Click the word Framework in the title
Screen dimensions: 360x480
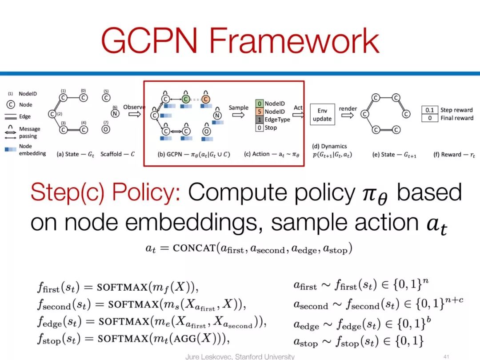[294, 40]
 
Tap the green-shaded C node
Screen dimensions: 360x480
[186, 99]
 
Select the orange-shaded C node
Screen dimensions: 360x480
[206, 99]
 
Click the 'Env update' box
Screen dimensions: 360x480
[322, 115]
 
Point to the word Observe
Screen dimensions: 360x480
[134, 107]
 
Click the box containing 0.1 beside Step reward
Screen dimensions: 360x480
[429, 110]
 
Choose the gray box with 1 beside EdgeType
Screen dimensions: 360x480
[260, 120]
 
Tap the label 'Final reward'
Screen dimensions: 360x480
[456, 118]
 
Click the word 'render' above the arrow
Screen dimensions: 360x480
[348, 108]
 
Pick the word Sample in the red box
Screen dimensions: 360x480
[239, 108]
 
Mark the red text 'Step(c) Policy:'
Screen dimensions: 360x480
[105, 193]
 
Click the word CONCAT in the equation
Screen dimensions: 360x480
[194, 248]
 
